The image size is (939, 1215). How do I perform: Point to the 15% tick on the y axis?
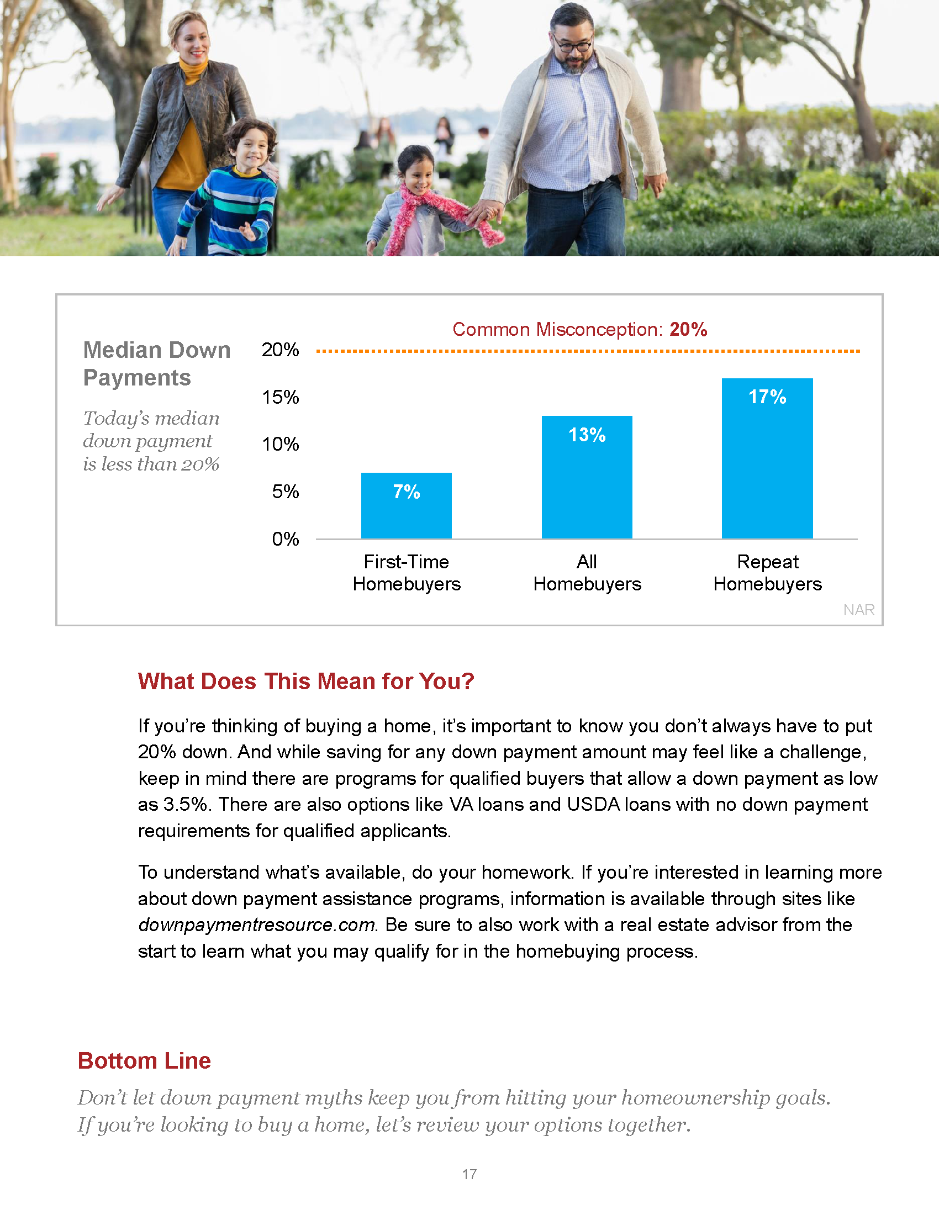click(x=281, y=397)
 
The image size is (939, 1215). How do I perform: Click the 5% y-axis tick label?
click(x=285, y=492)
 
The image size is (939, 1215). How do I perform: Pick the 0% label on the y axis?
click(x=285, y=539)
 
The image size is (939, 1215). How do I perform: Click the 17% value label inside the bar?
click(x=767, y=397)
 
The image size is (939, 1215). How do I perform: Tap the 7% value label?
click(x=406, y=492)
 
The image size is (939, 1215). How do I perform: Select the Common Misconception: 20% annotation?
click(x=579, y=329)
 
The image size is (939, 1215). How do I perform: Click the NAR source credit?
click(x=858, y=610)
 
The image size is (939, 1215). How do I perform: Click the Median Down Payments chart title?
click(x=156, y=364)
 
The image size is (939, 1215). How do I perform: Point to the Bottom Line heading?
click(x=144, y=1061)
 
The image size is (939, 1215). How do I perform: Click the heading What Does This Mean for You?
click(x=306, y=682)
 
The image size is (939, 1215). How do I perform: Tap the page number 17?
click(x=469, y=1174)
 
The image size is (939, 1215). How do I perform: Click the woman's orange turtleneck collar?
click(x=193, y=71)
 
